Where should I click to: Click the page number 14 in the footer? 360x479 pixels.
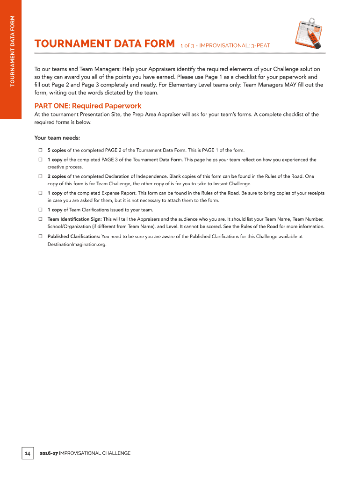(x=27, y=453)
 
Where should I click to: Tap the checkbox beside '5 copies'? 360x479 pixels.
(x=40, y=150)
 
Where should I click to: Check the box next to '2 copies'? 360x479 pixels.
(x=40, y=176)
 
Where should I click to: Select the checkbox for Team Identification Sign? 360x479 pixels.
(x=40, y=219)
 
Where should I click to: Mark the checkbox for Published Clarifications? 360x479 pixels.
(x=40, y=236)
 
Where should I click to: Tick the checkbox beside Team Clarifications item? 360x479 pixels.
(x=40, y=210)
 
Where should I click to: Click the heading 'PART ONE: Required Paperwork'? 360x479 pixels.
(x=88, y=106)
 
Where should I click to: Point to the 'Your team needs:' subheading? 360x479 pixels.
(x=57, y=138)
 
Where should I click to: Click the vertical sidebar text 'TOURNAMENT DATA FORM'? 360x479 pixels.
(x=13, y=51)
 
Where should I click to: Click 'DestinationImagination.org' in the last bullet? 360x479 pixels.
(x=73, y=244)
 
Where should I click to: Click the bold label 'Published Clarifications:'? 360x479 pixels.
(x=73, y=236)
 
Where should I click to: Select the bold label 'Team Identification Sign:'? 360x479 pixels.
(x=74, y=219)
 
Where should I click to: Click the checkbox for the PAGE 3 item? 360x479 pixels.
(x=40, y=160)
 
